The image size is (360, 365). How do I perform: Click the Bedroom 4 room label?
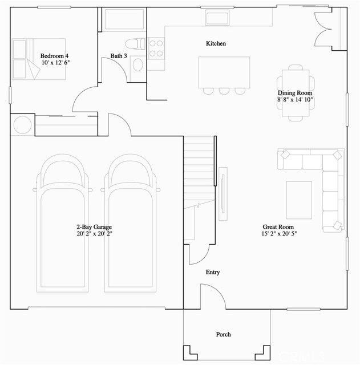click(55, 55)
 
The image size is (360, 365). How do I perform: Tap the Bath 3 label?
click(119, 56)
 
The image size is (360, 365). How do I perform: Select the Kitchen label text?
click(216, 43)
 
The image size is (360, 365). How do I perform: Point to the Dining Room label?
click(295, 93)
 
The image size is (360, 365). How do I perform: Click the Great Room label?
click(279, 226)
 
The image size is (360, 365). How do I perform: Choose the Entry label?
click(213, 273)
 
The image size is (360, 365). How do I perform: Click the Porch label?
click(223, 334)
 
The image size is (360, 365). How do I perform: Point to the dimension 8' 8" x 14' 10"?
click(295, 100)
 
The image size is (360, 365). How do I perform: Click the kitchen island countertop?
click(224, 72)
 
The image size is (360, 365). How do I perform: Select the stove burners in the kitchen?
click(156, 47)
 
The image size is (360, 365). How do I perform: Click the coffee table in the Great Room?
click(299, 200)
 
